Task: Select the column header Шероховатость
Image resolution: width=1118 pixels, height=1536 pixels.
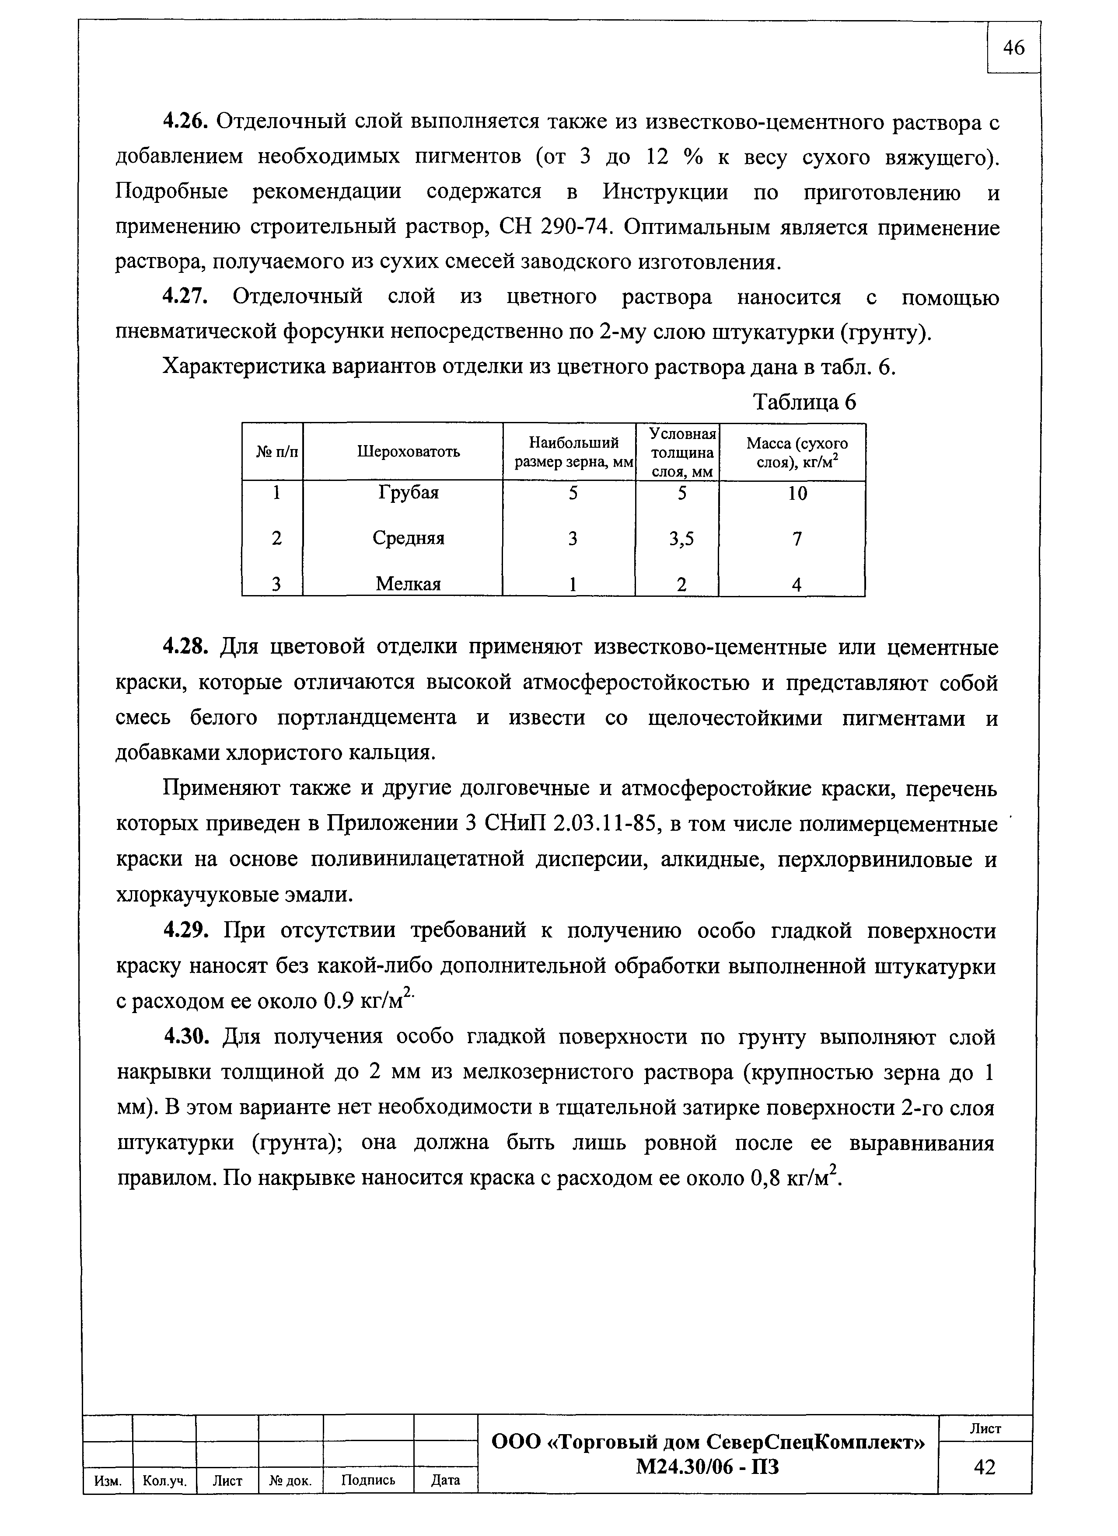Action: pos(408,452)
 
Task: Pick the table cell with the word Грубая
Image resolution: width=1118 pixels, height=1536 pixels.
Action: pos(408,492)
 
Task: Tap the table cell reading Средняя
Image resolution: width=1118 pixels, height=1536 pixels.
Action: pos(408,538)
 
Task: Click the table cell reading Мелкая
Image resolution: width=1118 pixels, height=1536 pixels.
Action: pos(408,584)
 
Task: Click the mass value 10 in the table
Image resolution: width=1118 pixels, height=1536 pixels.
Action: pos(797,494)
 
